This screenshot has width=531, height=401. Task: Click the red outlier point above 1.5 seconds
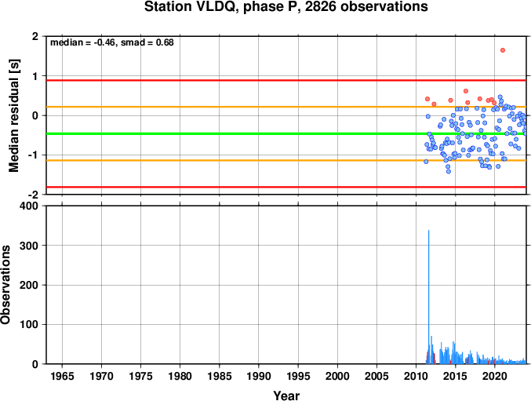tap(503, 50)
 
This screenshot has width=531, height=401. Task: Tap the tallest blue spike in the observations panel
tap(429, 297)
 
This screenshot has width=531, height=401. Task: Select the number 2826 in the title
tap(320, 7)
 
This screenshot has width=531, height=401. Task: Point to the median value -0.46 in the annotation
tap(104, 42)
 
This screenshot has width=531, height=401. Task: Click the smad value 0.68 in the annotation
tap(165, 42)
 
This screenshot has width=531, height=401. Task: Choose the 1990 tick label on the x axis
tap(259, 376)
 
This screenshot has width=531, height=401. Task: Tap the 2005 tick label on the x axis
tap(376, 376)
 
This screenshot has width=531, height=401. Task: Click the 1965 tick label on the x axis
tap(62, 376)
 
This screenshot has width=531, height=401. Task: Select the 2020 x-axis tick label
tap(494, 376)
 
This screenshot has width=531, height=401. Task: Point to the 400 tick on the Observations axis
tap(31, 206)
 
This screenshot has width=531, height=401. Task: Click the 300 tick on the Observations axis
tap(31, 246)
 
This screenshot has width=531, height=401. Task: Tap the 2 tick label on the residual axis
tap(35, 36)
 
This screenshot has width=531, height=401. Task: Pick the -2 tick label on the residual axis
tap(33, 195)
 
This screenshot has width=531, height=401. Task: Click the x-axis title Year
tap(286, 396)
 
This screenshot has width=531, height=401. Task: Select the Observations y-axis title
tap(5, 285)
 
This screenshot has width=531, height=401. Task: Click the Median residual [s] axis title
tap(13, 115)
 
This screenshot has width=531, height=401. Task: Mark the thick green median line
tap(286, 133)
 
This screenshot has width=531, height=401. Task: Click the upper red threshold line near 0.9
tap(286, 80)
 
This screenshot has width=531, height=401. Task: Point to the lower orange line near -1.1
tap(286, 160)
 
